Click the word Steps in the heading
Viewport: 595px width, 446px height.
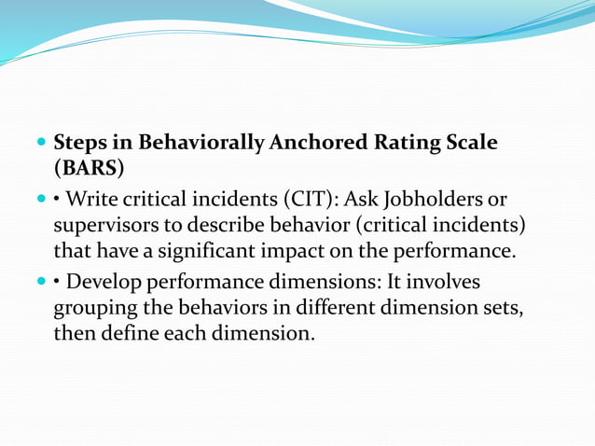[x=79, y=144]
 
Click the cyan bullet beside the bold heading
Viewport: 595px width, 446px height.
[x=40, y=145]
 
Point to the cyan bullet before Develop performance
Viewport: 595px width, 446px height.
[x=40, y=280]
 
